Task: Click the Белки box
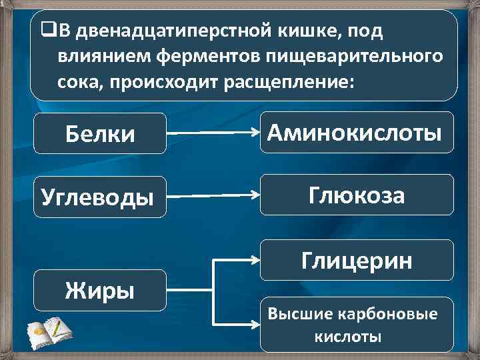[x=100, y=134]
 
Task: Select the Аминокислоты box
[x=355, y=133]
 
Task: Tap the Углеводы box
[x=100, y=197]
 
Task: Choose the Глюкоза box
[x=356, y=195]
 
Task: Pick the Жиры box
[x=100, y=290]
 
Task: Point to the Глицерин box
[x=356, y=260]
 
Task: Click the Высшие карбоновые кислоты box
[x=356, y=325]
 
